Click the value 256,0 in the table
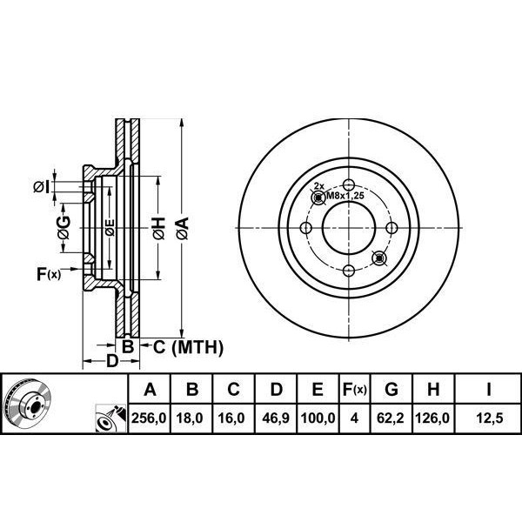point(149,418)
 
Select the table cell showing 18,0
point(190,418)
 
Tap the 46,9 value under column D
point(275,418)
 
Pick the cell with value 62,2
point(390,418)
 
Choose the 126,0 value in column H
point(432,418)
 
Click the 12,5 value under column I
point(490,418)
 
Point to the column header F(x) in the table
point(355,389)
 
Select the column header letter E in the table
point(318,389)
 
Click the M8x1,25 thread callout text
point(345,196)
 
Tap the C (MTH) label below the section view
point(188,347)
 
